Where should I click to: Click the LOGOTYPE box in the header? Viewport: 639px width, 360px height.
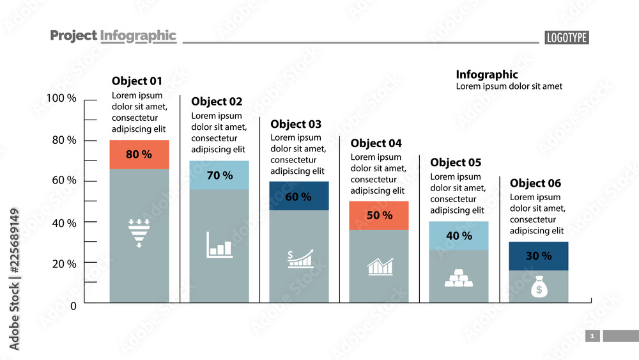[x=566, y=38]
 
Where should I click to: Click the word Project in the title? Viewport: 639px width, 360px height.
[x=73, y=36]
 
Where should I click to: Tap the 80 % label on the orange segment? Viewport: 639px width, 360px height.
[x=139, y=155]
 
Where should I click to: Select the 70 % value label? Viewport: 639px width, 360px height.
[x=219, y=175]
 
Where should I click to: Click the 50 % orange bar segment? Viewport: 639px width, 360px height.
[x=379, y=215]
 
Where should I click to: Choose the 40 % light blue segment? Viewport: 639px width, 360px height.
[x=459, y=236]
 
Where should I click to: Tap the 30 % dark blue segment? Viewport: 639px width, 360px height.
[x=539, y=256]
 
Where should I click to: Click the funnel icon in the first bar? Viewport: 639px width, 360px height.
[x=139, y=233]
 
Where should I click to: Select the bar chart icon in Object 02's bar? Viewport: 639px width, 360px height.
[x=219, y=245]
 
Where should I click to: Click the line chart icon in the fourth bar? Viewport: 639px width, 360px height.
[x=380, y=267]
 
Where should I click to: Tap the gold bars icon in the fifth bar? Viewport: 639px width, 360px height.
[x=459, y=278]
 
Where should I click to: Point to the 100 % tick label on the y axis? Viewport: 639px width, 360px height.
[x=61, y=98]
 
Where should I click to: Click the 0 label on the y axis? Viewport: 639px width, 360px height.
[x=73, y=306]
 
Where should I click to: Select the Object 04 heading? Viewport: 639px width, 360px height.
[x=376, y=143]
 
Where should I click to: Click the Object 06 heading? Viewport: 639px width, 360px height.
[x=535, y=184]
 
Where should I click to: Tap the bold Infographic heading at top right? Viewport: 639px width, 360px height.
[x=486, y=75]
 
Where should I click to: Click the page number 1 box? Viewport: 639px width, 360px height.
[x=592, y=336]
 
